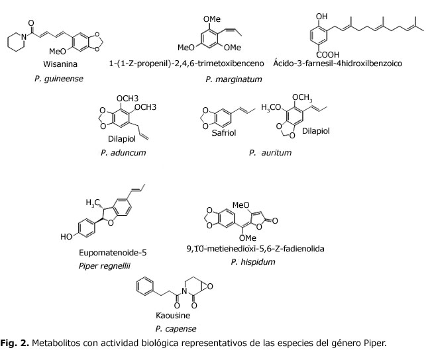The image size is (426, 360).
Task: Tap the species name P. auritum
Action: (x=270, y=153)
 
